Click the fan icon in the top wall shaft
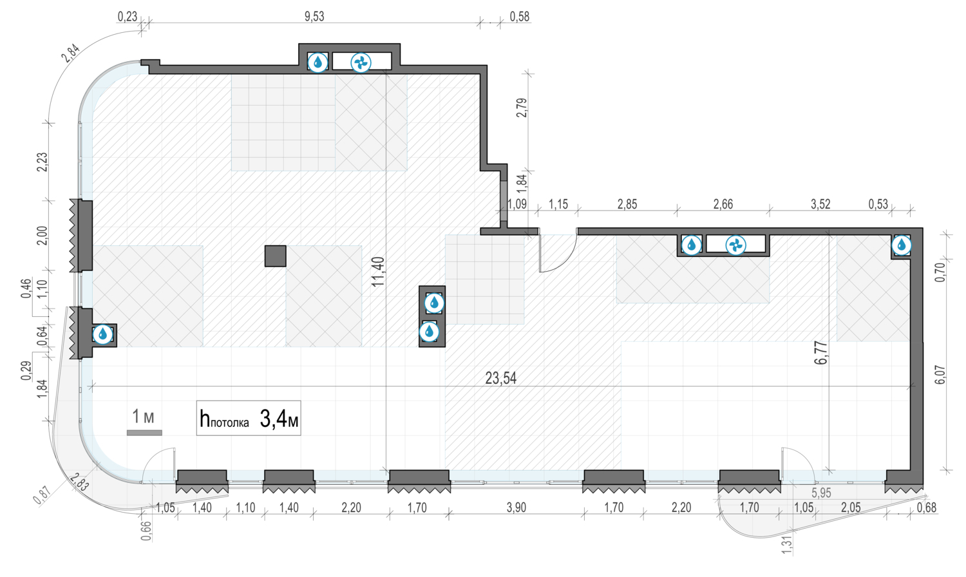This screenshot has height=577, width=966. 361,63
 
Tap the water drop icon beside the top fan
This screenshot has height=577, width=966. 318,62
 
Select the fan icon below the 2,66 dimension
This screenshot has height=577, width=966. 735,245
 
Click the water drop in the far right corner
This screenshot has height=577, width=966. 902,245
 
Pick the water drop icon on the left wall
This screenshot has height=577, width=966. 102,334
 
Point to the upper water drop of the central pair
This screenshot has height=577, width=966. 434,303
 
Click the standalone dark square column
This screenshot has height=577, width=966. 276,256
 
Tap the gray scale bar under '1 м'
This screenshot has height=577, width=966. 144,433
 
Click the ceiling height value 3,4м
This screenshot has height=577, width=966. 279,419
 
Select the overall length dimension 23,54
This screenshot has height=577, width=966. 500,378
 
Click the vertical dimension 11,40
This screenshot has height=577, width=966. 378,272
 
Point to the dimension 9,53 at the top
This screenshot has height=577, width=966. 314,17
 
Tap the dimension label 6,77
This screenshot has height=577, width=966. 821,353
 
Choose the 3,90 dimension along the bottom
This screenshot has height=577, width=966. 516,507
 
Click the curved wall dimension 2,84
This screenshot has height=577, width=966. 71,53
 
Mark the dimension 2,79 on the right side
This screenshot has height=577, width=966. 522,108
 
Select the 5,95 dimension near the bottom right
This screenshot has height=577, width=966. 821,493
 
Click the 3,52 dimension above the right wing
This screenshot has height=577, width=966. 820,204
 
